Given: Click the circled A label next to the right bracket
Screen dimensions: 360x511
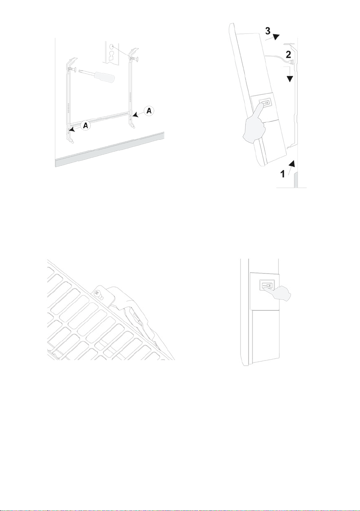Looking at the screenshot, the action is point(149,111).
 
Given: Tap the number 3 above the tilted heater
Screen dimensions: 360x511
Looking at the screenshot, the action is point(268,31).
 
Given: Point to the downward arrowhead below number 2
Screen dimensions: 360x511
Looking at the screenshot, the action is point(290,79).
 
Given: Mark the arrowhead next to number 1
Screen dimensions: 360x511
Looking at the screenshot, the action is point(293,163).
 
